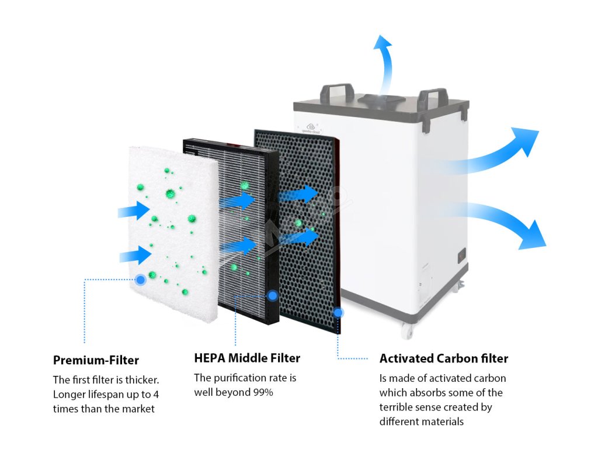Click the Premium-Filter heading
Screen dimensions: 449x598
[x=96, y=360]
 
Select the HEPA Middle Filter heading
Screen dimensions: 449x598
[x=247, y=358]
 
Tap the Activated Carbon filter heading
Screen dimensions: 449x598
[x=444, y=358]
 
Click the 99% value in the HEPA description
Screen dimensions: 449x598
[x=262, y=392]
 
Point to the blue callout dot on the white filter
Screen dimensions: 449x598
[x=141, y=280]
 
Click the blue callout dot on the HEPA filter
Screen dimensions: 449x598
[x=272, y=296]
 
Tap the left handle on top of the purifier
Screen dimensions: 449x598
[x=336, y=93]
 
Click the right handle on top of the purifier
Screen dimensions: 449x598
[x=433, y=99]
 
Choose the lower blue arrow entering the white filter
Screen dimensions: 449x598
[x=135, y=255]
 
